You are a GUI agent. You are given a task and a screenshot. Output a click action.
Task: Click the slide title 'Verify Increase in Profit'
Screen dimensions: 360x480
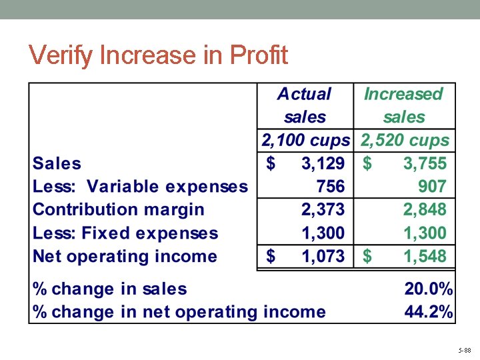(159, 55)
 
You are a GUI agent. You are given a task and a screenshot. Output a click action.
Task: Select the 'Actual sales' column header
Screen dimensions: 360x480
(304, 105)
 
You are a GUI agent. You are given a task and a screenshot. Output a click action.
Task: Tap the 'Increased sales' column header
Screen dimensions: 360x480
(403, 105)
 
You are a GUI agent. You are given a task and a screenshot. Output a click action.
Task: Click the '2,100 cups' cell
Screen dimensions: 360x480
(305, 141)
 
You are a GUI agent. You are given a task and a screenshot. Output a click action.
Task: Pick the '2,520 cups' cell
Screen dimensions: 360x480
(405, 141)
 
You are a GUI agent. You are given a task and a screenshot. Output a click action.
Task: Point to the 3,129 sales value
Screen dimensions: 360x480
(323, 163)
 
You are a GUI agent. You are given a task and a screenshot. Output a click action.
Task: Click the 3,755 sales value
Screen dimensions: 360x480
(425, 163)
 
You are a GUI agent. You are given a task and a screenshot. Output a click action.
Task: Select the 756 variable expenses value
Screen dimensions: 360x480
(331, 186)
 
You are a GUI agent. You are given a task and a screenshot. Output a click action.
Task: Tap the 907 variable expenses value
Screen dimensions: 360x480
(432, 186)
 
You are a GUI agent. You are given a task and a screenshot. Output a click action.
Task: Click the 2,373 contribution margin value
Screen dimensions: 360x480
(323, 209)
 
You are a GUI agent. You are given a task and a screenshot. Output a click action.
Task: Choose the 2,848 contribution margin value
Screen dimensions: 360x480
(425, 209)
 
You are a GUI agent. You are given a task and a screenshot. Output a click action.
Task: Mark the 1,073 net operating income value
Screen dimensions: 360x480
(323, 256)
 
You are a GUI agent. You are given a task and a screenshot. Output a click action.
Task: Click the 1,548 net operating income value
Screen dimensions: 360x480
(425, 256)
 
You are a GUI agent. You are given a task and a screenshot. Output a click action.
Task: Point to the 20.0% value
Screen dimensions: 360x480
(429, 289)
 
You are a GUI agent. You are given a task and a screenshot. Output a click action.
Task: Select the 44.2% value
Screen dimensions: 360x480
(429, 311)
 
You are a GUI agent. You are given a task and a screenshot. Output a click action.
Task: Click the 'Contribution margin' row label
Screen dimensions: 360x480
(119, 209)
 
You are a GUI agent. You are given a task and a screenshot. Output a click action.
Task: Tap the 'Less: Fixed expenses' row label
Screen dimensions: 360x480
(125, 233)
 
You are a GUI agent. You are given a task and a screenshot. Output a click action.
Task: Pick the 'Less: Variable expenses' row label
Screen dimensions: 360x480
(140, 187)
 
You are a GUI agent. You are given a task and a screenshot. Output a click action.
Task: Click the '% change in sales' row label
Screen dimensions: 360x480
(110, 289)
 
